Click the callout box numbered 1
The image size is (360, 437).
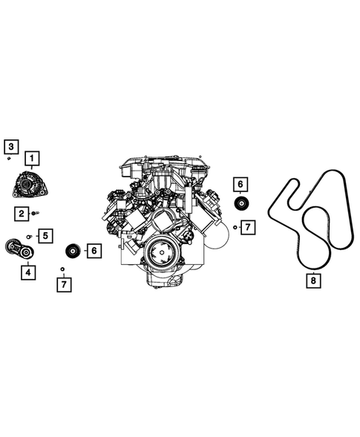[33, 157]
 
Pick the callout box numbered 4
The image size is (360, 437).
[27, 272]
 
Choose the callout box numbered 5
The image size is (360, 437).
[45, 236]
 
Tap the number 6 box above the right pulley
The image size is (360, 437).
[241, 184]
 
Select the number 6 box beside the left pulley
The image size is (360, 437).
[94, 251]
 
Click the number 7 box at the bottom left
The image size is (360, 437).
[65, 283]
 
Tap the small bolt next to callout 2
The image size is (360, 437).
[35, 214]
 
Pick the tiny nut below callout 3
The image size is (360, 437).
[8, 158]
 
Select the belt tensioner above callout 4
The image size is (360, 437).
[20, 249]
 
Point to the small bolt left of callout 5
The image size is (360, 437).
[29, 236]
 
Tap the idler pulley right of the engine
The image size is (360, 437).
[241, 206]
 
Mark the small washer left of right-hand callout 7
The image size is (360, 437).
[235, 226]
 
